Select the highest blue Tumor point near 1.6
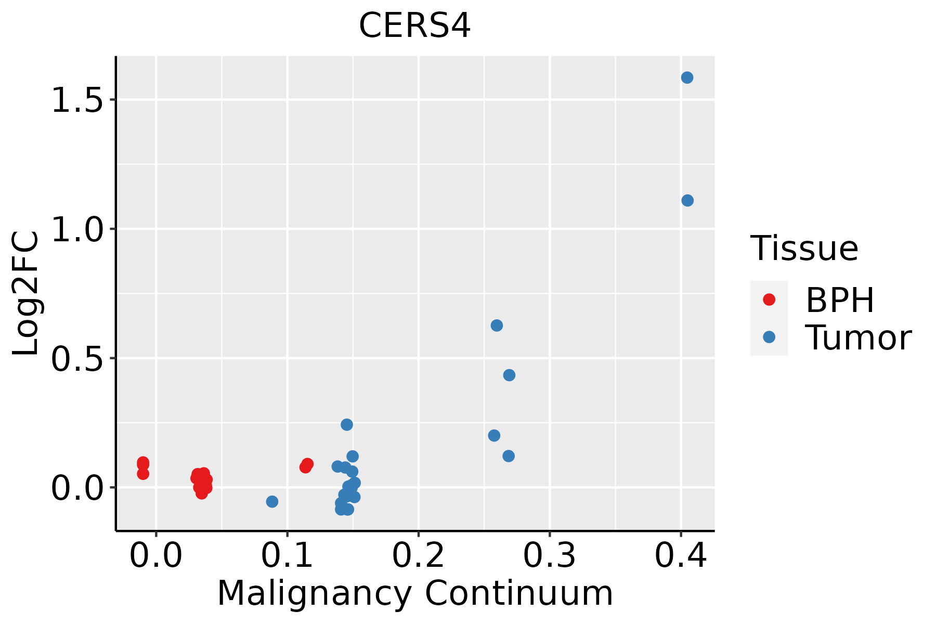pos(687,77)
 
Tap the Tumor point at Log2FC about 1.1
pos(687,200)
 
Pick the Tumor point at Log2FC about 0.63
pos(497,326)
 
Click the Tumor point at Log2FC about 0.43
pos(509,375)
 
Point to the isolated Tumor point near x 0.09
pos(272,501)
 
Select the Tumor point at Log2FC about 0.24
pos(347,424)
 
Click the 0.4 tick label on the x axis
pos(680,555)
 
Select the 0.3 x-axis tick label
pos(549,555)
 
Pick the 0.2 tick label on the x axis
pos(418,555)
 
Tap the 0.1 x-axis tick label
pos(287,555)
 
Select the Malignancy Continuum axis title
pos(415,593)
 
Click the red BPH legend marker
pos(769,300)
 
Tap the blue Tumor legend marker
pos(769,337)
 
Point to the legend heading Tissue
pos(804,249)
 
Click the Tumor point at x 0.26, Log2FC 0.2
pos(494,435)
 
